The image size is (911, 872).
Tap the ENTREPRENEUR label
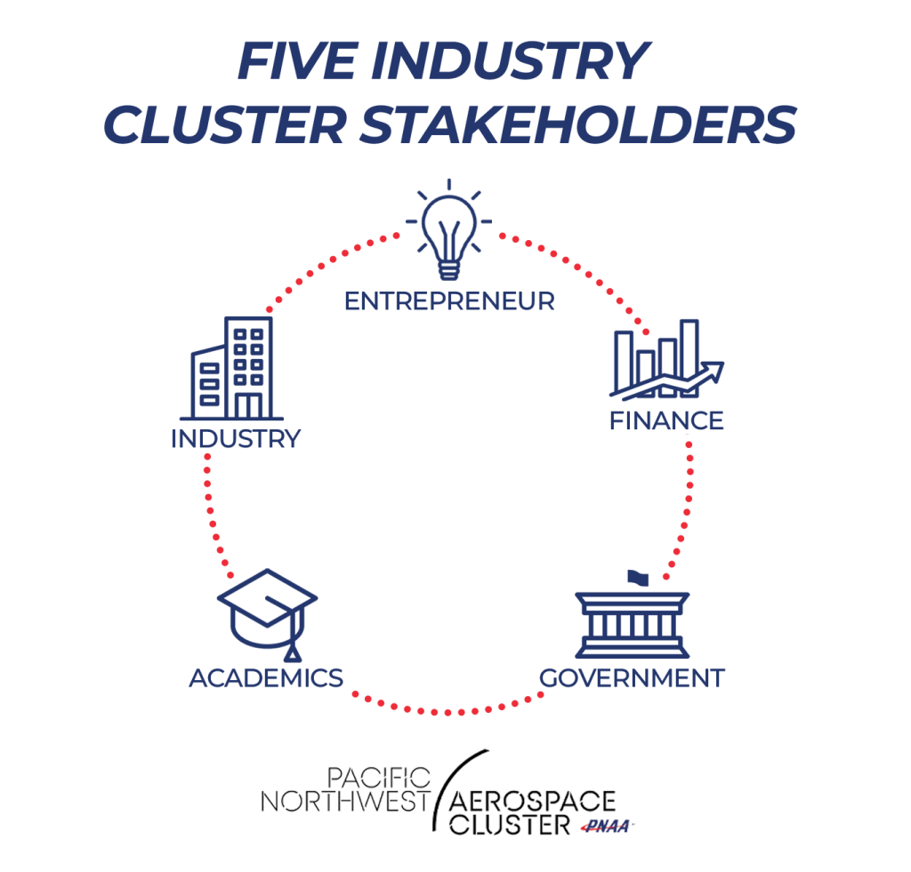(x=449, y=301)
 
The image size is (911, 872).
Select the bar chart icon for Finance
(x=666, y=359)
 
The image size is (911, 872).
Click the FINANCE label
(x=666, y=421)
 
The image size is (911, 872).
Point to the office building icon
(x=232, y=368)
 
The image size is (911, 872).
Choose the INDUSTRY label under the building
(x=235, y=439)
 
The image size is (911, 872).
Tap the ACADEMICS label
(x=266, y=678)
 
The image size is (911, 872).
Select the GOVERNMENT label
(x=632, y=678)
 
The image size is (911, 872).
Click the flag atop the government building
(x=638, y=579)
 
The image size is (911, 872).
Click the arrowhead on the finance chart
(x=713, y=372)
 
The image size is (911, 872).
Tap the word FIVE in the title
(x=296, y=60)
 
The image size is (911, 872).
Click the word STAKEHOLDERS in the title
(x=578, y=124)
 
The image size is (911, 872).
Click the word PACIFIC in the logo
(x=379, y=778)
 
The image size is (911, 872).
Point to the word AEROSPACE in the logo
(x=532, y=801)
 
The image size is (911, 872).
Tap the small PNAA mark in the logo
(x=607, y=826)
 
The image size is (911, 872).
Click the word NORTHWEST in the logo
(x=345, y=802)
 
